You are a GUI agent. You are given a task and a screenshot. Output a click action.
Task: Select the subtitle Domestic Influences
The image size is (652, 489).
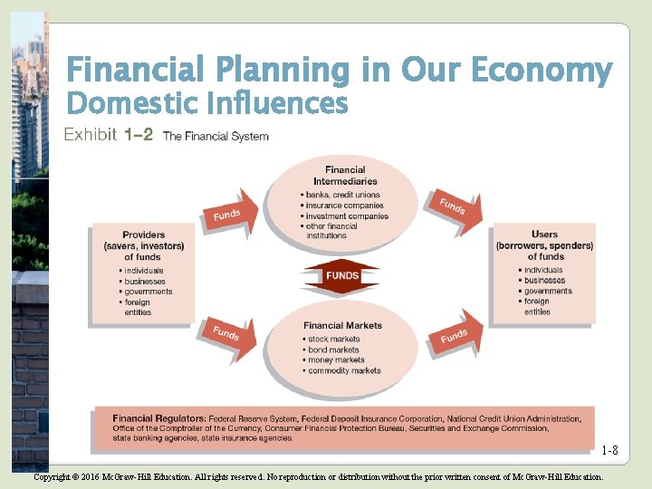207,104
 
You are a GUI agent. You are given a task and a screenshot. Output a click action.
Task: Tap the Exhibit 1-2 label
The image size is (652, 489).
108,136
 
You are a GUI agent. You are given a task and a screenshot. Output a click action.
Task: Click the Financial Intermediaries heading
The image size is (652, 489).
345,175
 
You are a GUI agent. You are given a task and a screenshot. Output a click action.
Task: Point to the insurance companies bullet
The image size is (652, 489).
344,206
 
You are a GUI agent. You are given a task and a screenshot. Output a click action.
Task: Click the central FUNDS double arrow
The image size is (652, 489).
342,275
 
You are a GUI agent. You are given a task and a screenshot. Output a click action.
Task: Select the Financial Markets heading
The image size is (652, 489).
342,326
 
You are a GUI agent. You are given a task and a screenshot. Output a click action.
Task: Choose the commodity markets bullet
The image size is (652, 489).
343,370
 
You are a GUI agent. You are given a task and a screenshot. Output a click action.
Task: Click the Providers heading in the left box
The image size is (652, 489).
144,245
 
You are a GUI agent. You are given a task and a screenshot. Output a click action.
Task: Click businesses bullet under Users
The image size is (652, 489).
544,281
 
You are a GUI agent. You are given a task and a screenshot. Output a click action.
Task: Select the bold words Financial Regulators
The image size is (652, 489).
158,418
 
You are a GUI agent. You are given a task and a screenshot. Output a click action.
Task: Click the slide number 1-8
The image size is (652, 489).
609,451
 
